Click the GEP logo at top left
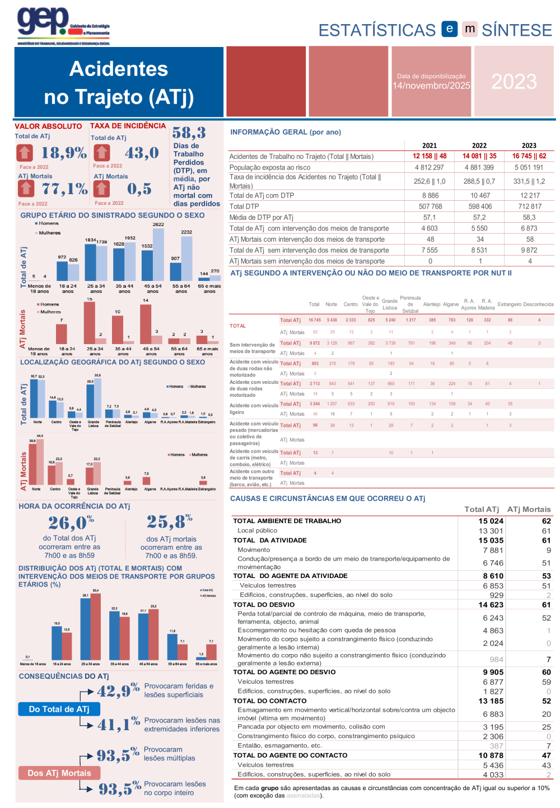click(x=63, y=25)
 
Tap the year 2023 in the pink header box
click(x=514, y=82)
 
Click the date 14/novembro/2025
click(x=431, y=86)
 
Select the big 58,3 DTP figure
click(x=189, y=133)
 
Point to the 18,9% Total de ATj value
click(x=63, y=152)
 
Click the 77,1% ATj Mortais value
click(x=65, y=189)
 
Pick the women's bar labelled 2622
click(x=158, y=255)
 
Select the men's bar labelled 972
click(x=62, y=271)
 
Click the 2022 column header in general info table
click(x=479, y=145)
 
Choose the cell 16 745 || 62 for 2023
click(x=529, y=156)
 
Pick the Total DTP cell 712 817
click(x=529, y=206)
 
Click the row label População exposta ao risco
click(x=270, y=167)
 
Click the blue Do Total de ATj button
click(x=59, y=709)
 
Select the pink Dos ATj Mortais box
click(x=59, y=773)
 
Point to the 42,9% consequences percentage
click(x=118, y=690)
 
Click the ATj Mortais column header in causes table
click(x=529, y=509)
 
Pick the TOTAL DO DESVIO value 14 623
click(x=491, y=604)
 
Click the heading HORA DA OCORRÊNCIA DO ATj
click(x=74, y=506)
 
